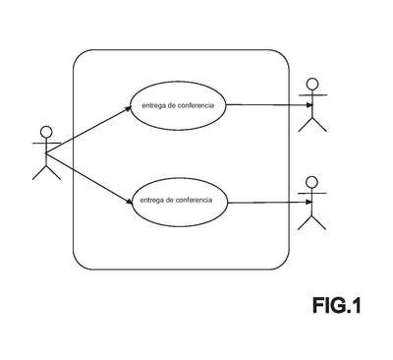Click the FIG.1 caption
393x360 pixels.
337,305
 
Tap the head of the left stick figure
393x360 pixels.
46,132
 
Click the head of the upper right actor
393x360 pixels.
312,84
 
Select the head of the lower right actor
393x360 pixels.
311,182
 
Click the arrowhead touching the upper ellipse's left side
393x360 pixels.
128,108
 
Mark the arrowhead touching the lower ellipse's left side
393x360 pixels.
129,201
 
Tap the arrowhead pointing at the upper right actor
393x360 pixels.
309,105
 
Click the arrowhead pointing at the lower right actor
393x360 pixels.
309,203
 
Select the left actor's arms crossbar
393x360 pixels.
46,144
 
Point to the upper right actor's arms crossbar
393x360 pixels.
313,95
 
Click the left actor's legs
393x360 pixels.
46,173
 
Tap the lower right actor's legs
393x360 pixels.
311,222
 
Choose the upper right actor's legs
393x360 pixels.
312,125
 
